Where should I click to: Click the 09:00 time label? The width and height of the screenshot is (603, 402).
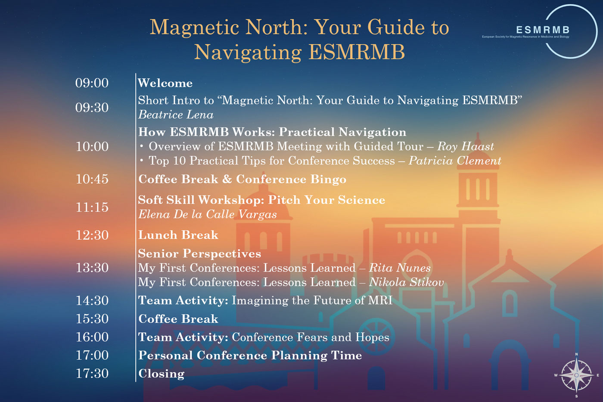(92, 83)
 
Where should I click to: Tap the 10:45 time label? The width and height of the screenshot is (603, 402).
(92, 179)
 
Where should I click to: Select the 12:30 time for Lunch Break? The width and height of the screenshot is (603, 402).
(92, 235)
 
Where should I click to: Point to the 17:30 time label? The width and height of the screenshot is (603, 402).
(92, 374)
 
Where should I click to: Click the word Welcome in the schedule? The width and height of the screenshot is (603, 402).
(165, 83)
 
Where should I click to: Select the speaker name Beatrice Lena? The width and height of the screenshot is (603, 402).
(176, 114)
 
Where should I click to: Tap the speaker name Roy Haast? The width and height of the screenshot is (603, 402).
(466, 146)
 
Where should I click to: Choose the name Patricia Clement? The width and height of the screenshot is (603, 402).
(455, 161)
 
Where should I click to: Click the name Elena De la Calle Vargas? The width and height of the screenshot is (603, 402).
(208, 214)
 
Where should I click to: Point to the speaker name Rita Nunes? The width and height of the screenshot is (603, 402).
(400, 268)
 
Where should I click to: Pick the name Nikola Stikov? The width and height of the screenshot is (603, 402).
(406, 282)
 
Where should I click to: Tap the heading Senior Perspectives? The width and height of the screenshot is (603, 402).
(199, 254)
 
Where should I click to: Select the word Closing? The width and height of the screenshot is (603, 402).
(162, 374)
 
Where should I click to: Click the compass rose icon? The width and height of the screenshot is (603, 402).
(576, 375)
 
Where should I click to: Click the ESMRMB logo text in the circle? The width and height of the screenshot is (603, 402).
(543, 30)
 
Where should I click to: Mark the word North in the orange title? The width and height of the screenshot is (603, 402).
(277, 27)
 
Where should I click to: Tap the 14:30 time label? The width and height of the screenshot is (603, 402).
(92, 300)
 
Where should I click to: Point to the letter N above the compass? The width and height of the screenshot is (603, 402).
(576, 354)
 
